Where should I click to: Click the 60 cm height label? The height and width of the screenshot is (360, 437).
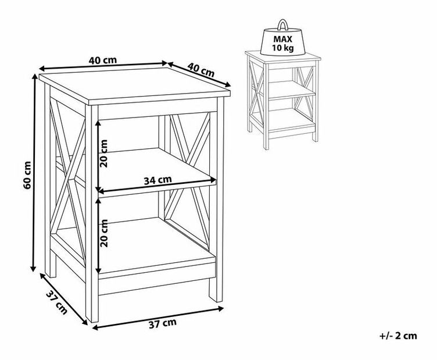(x=27, y=175)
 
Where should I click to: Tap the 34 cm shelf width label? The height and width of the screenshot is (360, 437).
(x=157, y=180)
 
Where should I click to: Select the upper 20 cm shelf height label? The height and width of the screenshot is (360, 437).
(x=103, y=154)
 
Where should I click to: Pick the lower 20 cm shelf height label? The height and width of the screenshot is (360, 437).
(x=103, y=233)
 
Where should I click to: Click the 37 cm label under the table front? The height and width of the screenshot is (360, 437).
(x=163, y=323)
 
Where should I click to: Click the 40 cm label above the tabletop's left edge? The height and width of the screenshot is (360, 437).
(x=103, y=60)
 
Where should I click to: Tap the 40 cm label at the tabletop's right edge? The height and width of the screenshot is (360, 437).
(x=201, y=70)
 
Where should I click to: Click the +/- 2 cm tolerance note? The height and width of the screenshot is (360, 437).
(x=398, y=336)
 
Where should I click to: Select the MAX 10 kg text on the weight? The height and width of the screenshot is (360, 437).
(x=282, y=43)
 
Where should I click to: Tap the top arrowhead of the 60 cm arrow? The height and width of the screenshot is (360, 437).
(x=35, y=76)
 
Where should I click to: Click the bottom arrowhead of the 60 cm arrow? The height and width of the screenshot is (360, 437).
(x=33, y=268)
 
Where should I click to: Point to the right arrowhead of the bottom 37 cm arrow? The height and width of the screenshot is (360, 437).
(x=221, y=308)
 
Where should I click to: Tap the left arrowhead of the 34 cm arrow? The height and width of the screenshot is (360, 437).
(x=101, y=191)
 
